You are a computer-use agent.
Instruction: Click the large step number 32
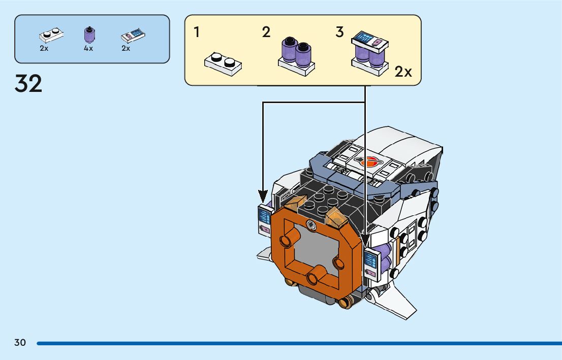click(28, 83)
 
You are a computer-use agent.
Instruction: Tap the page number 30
click(20, 342)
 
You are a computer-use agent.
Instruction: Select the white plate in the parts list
click(51, 36)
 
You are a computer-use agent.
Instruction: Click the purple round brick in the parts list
click(89, 35)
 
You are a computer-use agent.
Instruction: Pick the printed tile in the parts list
click(133, 36)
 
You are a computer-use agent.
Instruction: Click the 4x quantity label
click(88, 48)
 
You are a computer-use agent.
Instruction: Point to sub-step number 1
click(197, 32)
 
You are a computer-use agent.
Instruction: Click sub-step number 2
click(266, 32)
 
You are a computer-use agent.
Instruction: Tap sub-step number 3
click(339, 32)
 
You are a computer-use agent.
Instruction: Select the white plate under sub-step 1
click(223, 64)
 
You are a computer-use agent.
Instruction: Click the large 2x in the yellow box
click(403, 72)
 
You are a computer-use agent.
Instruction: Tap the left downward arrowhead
click(263, 194)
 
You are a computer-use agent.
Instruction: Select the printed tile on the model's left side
click(265, 221)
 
